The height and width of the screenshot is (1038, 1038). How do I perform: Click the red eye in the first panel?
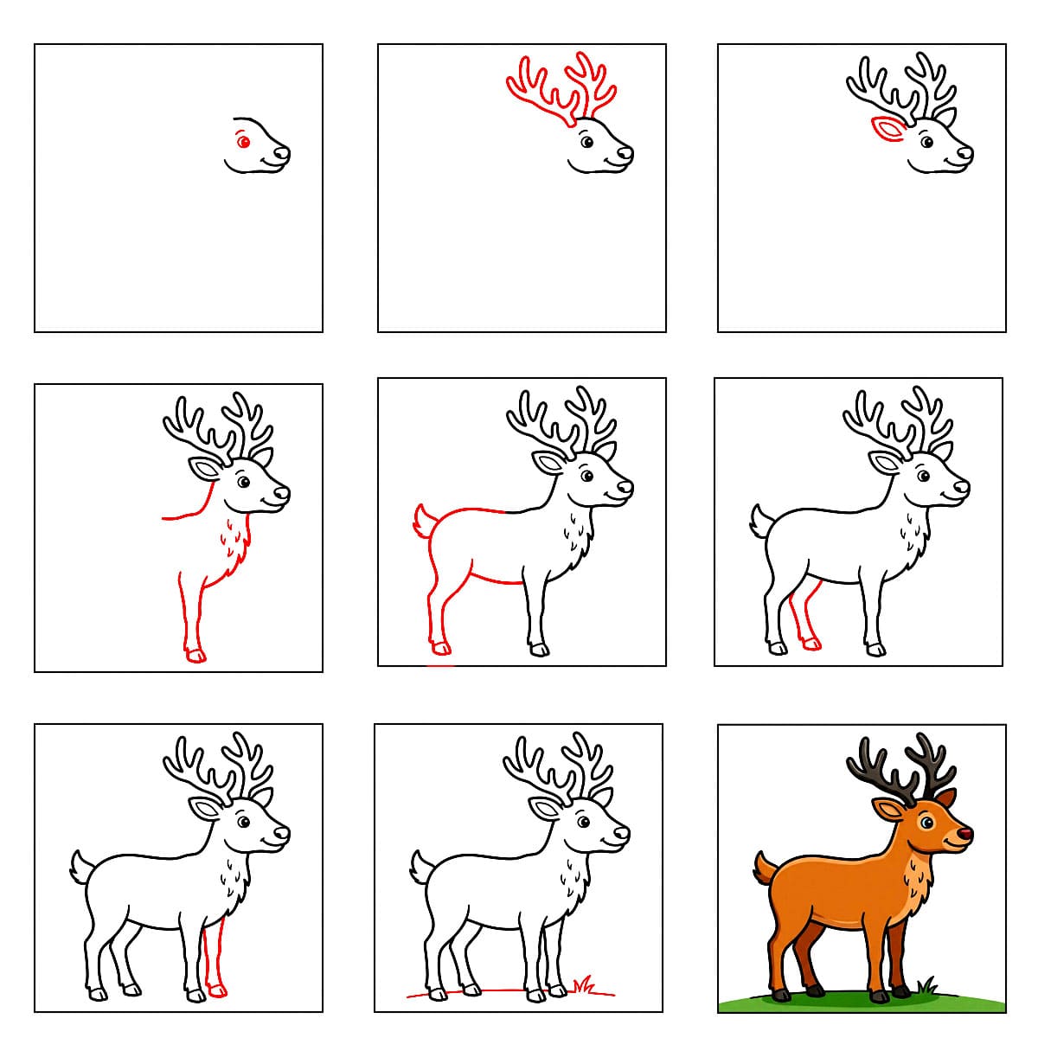pos(243,142)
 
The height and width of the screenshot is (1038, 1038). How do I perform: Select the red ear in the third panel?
pos(886,128)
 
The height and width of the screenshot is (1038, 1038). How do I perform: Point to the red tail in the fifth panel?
pos(424,521)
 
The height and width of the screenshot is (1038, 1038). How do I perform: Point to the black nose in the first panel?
pos(282,154)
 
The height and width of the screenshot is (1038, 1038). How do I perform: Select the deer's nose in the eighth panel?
pos(622,832)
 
